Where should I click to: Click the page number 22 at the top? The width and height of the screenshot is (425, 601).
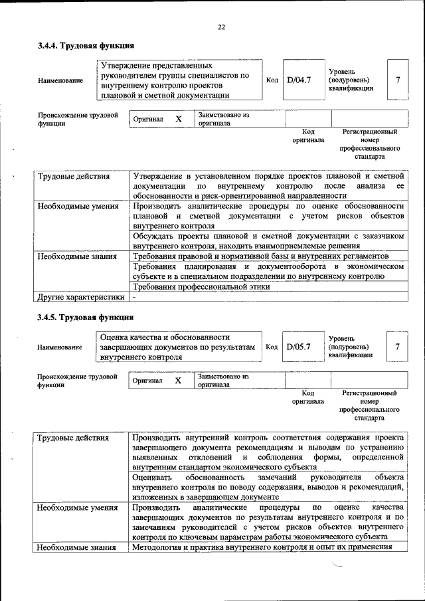coord(221,27)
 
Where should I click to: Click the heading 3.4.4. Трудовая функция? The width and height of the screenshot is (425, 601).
coord(86,46)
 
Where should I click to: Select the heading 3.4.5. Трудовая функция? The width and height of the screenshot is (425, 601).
coord(86,317)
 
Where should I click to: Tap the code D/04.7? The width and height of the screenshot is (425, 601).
coord(299,80)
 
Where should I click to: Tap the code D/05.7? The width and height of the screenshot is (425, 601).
coord(299,347)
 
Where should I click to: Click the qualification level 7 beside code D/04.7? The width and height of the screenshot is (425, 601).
coord(397,80)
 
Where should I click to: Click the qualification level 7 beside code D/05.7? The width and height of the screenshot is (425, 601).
coord(397,347)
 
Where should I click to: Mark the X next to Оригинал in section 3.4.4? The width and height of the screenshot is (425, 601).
coord(178,119)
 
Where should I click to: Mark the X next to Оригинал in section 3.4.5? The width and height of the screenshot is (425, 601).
coord(178,381)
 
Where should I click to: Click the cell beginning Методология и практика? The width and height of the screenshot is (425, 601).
coord(262,547)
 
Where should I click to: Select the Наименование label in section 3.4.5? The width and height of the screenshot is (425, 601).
coord(60,347)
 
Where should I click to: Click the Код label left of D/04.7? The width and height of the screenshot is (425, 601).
coord(272,80)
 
